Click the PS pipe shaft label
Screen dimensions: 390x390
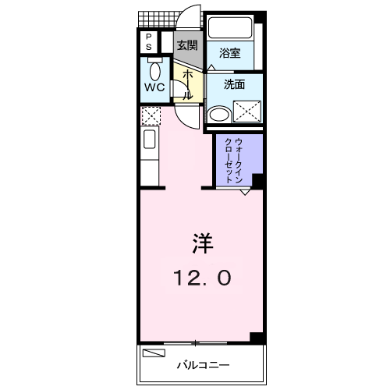148,41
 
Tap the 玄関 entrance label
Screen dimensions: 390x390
186,44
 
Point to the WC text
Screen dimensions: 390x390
154,87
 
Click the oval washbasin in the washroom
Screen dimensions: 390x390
219,115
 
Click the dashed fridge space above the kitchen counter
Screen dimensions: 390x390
150,116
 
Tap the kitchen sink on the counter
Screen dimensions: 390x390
150,144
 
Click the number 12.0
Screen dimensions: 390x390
202,278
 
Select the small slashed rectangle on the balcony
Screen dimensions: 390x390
154,353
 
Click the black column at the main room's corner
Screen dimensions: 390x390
256,337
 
